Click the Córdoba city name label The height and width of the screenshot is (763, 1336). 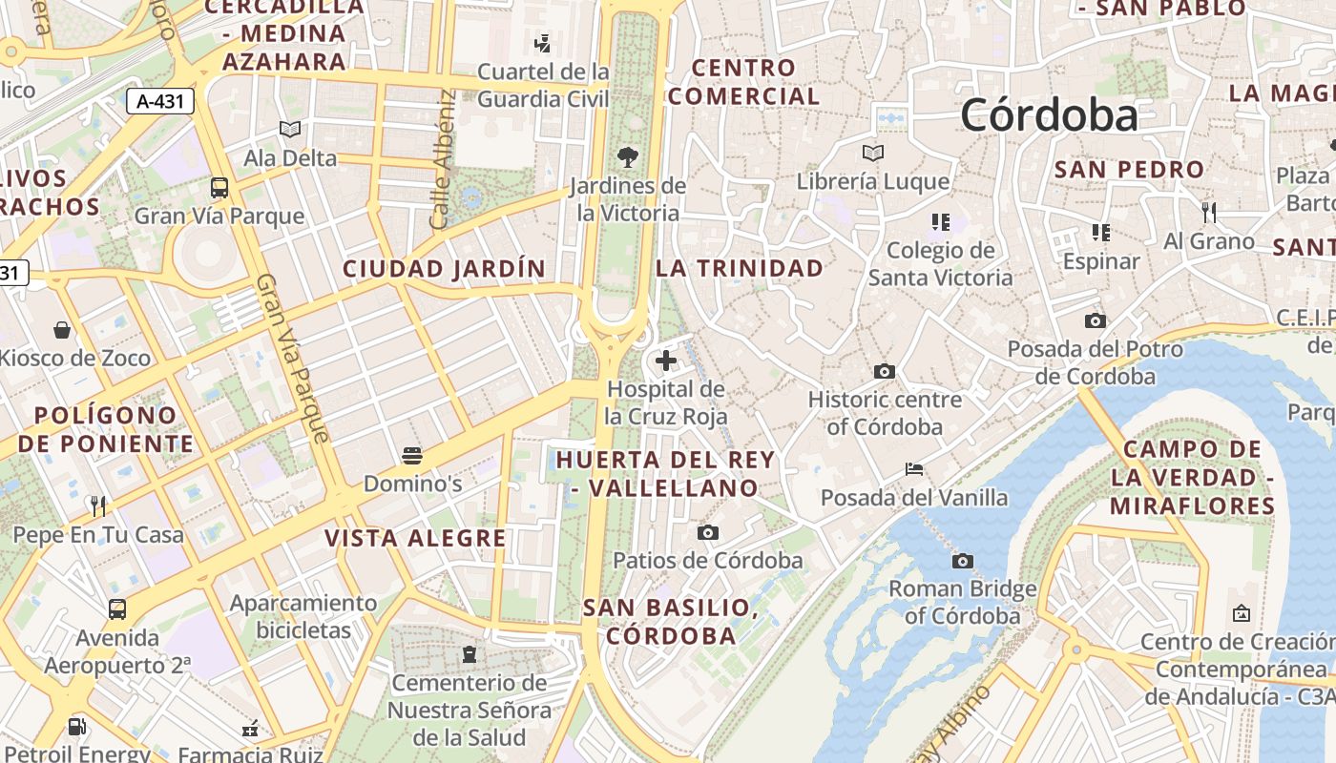pyautogui.click(x=1049, y=115)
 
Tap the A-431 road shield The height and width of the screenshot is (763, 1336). pyautogui.click(x=160, y=101)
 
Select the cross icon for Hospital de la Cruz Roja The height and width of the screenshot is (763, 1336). pyautogui.click(x=666, y=361)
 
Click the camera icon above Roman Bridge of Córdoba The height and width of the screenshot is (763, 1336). pyautogui.click(x=963, y=561)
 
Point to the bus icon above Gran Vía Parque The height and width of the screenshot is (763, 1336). pyautogui.click(x=219, y=187)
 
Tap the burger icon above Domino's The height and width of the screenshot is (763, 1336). pyautogui.click(x=412, y=455)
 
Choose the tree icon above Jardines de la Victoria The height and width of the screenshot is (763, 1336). pyautogui.click(x=628, y=157)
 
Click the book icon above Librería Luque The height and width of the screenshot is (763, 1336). pyautogui.click(x=872, y=153)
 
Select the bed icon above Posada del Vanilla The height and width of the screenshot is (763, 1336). pyautogui.click(x=913, y=469)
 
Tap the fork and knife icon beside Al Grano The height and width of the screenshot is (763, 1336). pyautogui.click(x=1208, y=212)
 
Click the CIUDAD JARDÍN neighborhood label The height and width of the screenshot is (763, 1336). pyautogui.click(x=444, y=269)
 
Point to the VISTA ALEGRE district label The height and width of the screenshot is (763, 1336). pyautogui.click(x=415, y=538)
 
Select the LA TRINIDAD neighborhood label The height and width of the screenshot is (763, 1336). pyautogui.click(x=740, y=268)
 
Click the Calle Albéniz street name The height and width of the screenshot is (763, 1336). pyautogui.click(x=442, y=159)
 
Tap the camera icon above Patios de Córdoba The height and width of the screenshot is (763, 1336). pyautogui.click(x=707, y=532)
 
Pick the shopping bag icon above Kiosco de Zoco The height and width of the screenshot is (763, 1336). pyautogui.click(x=62, y=330)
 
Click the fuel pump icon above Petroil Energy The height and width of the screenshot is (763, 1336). pyautogui.click(x=75, y=727)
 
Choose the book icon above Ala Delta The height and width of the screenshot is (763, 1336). pyautogui.click(x=290, y=130)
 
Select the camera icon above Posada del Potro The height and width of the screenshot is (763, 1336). pyautogui.click(x=1095, y=320)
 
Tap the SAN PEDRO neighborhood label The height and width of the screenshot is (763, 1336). pyautogui.click(x=1129, y=170)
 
